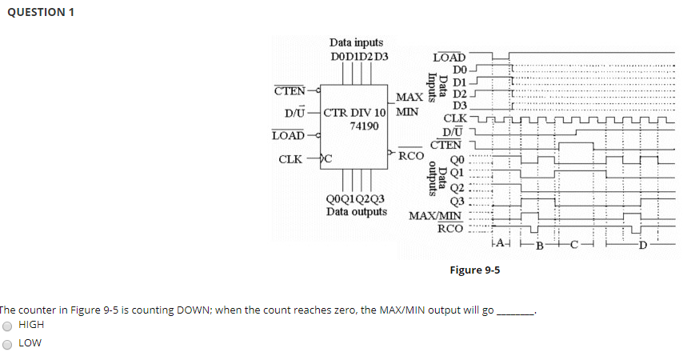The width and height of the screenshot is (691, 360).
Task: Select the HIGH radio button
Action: [x=8, y=326]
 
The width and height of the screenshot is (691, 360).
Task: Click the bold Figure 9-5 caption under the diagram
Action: [x=474, y=270]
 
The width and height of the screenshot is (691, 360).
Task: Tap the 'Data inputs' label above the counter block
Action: [x=356, y=42]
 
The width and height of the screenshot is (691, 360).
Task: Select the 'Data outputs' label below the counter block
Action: [x=357, y=212]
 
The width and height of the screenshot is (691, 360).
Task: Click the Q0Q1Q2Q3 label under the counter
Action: [x=355, y=199]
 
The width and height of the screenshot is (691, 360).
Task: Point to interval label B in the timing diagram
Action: [x=539, y=244]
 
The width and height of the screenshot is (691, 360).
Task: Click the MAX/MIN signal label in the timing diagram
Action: [x=436, y=215]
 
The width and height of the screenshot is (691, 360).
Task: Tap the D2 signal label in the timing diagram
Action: [x=459, y=94]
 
